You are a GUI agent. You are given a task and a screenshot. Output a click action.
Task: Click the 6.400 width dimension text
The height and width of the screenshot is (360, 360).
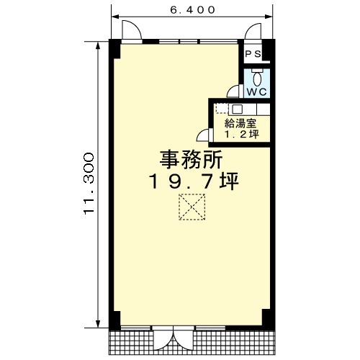[192, 10]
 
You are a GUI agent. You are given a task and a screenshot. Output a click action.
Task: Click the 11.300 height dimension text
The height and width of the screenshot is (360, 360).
[89, 184]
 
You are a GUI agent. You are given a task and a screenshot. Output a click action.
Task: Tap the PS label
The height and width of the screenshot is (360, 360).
[253, 54]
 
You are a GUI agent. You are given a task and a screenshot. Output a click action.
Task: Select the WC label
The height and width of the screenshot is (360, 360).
[257, 91]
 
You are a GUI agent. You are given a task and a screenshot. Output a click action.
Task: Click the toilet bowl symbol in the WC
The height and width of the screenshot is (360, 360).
[257, 78]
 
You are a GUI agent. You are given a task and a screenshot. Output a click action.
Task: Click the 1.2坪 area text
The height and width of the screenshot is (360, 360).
[242, 135]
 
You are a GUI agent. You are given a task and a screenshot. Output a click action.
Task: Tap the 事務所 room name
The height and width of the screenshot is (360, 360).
[192, 159]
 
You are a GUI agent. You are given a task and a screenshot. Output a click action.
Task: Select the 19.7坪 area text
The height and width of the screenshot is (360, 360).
[194, 181]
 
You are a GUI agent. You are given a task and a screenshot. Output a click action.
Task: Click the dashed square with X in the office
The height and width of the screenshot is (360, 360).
[192, 207]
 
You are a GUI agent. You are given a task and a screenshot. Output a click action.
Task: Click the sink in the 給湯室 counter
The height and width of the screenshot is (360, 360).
[237, 109]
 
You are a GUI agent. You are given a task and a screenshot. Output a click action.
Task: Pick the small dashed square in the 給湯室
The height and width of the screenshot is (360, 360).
[222, 109]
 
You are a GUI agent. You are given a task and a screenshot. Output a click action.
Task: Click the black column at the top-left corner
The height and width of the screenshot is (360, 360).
[114, 48]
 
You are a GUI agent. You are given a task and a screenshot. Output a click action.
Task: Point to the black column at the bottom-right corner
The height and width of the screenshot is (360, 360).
[269, 319]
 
